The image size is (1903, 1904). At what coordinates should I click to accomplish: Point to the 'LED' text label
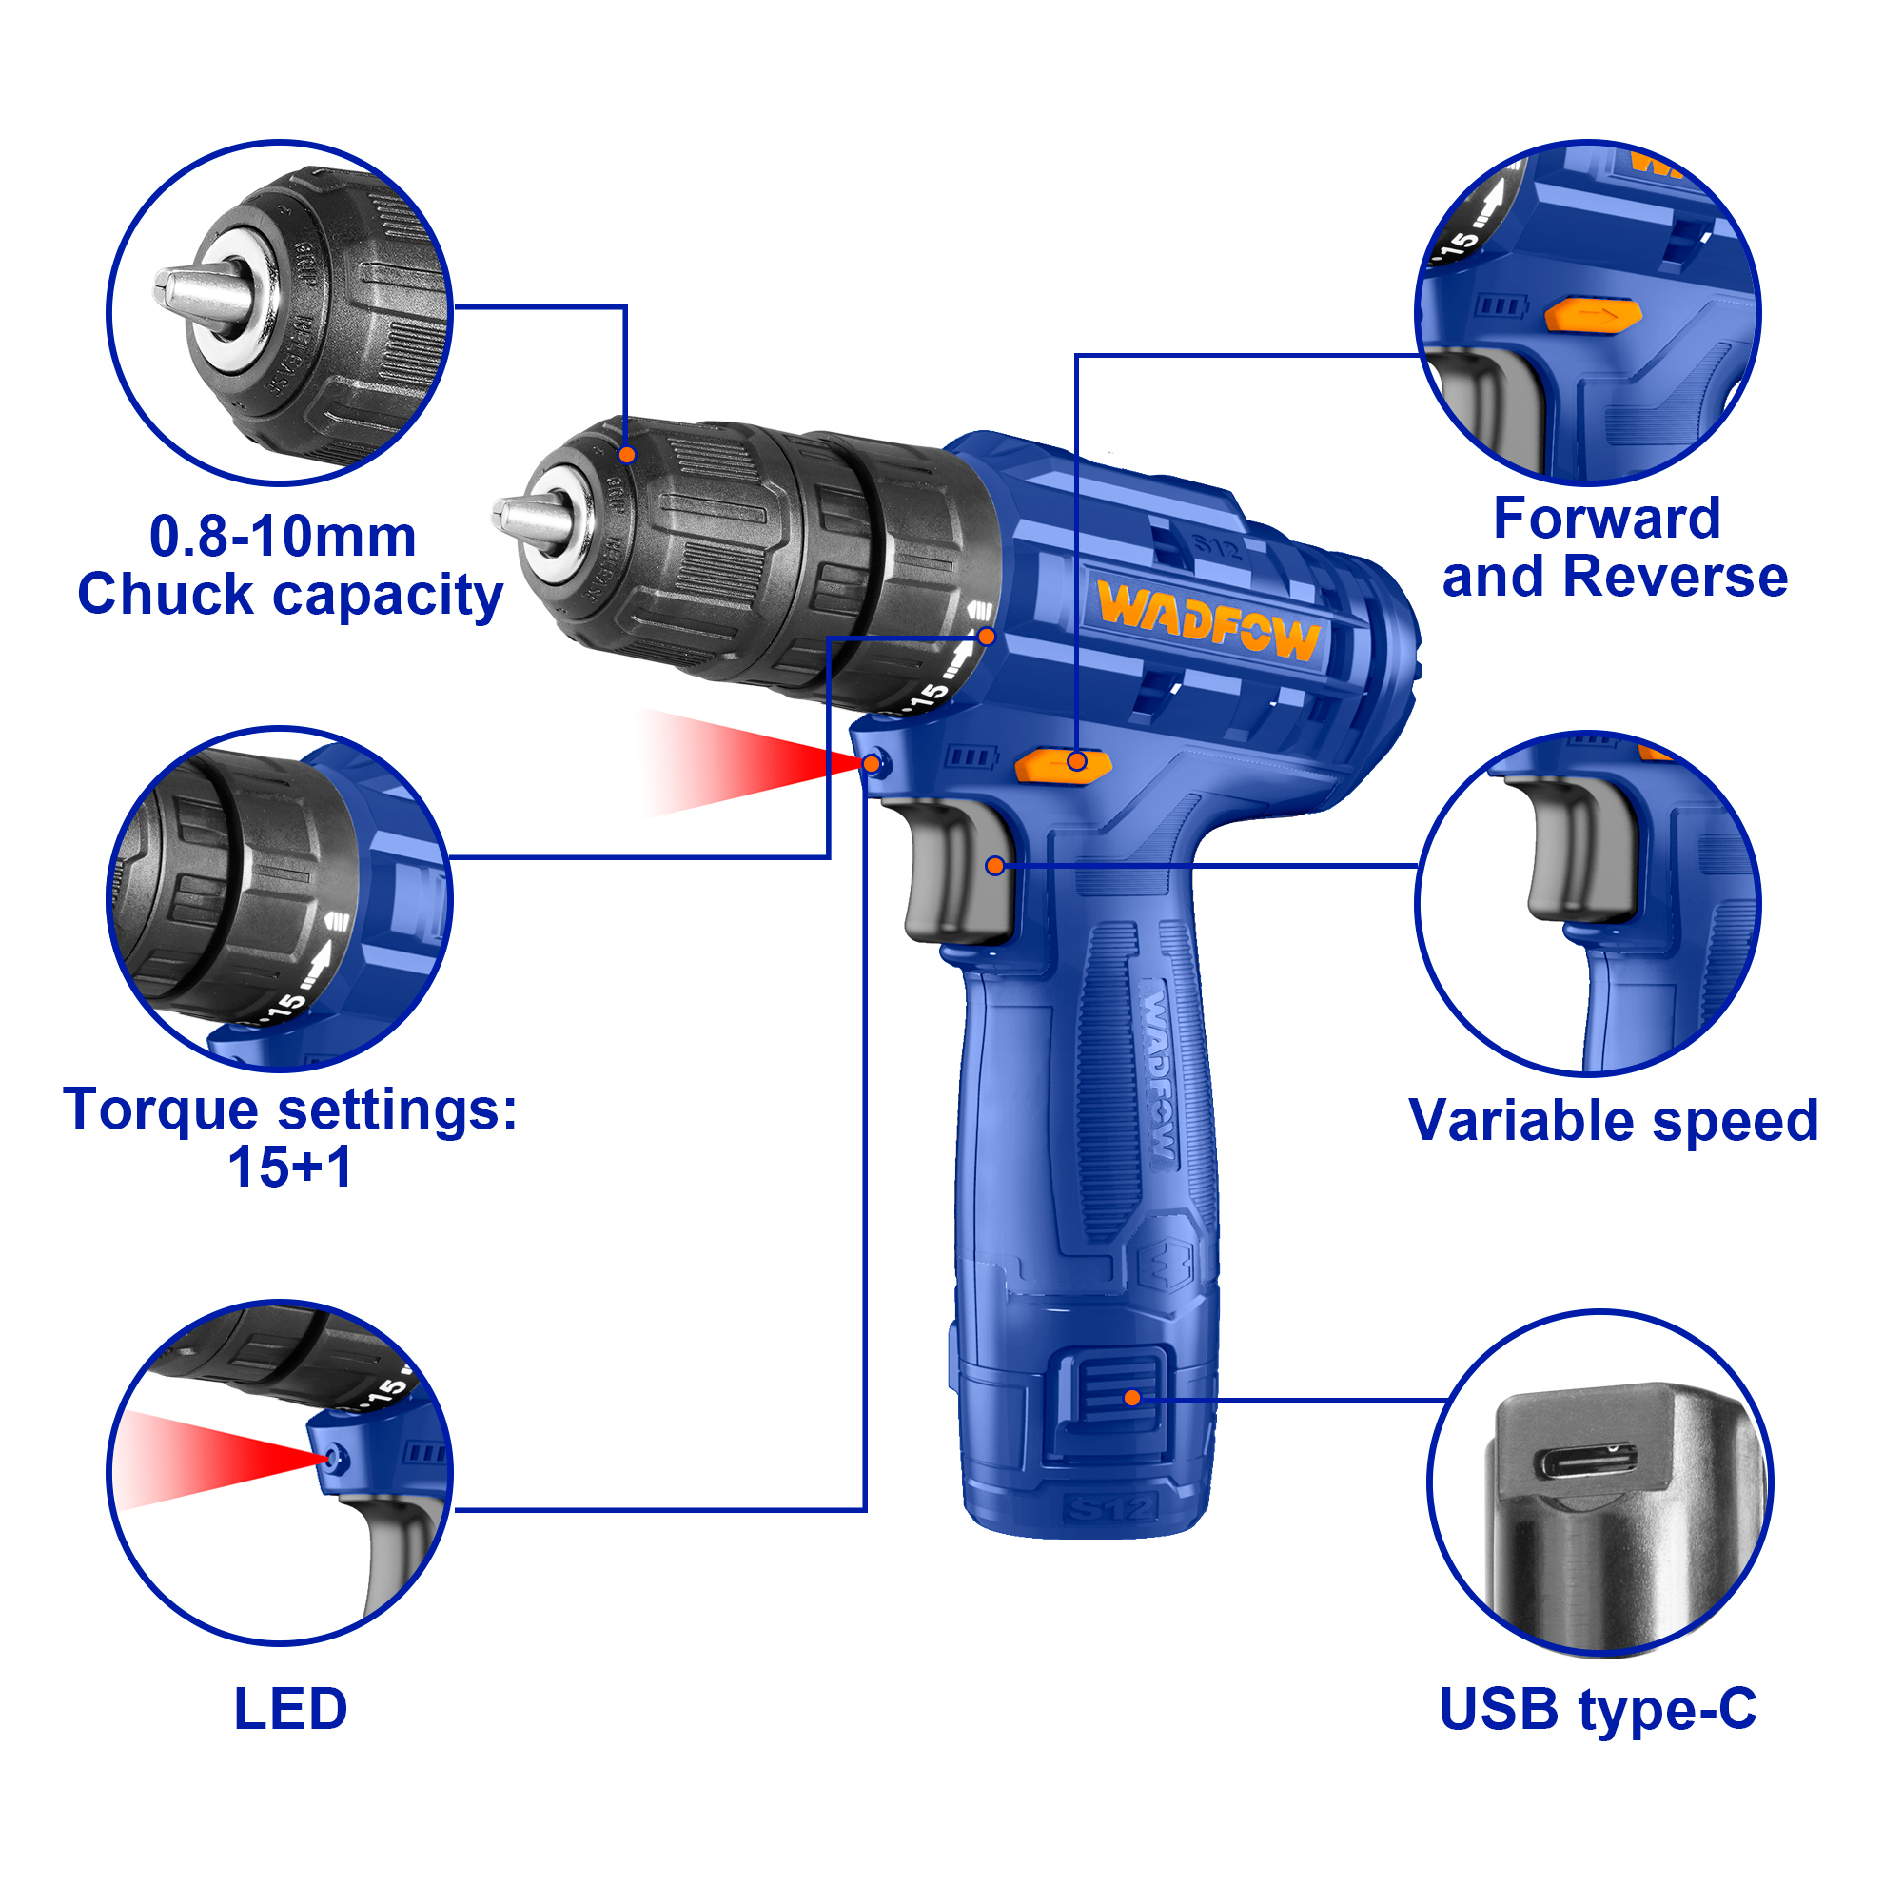click(x=291, y=1709)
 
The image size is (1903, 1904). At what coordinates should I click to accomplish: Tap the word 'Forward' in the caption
click(x=1606, y=519)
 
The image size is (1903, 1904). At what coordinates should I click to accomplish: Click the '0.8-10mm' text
click(x=283, y=537)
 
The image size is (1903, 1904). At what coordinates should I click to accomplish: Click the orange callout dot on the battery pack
click(x=1132, y=1398)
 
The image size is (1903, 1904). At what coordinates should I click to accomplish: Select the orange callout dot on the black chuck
click(x=627, y=454)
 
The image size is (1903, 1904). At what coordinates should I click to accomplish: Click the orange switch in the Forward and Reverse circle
click(x=1593, y=315)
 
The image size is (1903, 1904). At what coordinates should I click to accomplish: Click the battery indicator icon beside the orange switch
click(x=971, y=756)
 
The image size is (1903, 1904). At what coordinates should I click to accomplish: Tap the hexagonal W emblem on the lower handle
click(x=1167, y=1266)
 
